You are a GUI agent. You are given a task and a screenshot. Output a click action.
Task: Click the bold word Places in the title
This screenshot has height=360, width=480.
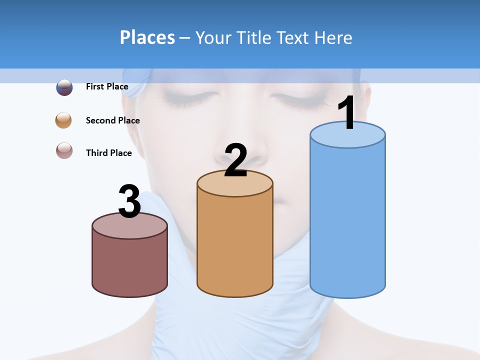click(147, 37)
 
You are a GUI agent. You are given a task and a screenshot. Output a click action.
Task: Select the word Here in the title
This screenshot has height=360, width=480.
click(334, 37)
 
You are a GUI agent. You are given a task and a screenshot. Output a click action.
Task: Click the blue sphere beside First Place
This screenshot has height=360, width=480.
click(64, 87)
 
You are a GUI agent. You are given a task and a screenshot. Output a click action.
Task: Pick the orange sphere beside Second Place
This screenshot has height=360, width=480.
click(63, 120)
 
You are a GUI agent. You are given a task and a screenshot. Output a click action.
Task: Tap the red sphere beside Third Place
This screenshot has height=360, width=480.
click(64, 150)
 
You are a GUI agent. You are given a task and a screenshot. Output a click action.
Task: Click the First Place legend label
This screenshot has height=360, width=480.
click(107, 86)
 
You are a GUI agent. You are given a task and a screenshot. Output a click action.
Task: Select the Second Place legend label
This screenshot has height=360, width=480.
click(112, 120)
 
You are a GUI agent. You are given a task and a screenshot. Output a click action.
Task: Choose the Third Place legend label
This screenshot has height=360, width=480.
click(108, 153)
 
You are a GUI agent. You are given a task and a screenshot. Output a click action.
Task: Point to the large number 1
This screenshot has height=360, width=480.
click(347, 113)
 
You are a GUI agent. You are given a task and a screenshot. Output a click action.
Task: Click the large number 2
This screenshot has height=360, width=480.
click(235, 160)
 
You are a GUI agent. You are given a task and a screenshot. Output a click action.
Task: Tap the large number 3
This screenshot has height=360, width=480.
click(129, 201)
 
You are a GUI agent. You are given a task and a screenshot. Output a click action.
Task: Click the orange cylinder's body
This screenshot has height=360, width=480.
click(235, 245)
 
